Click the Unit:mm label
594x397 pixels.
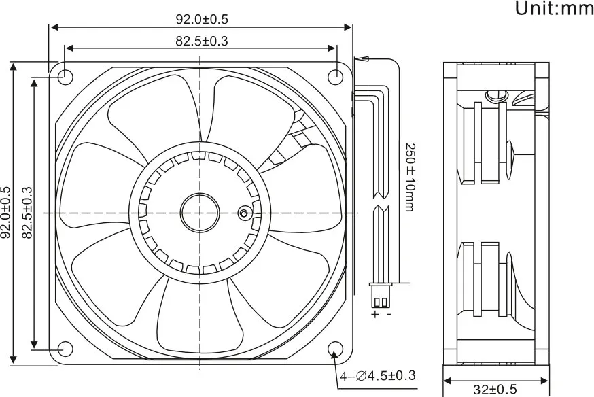554,8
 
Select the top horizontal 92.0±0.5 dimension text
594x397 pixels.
202,19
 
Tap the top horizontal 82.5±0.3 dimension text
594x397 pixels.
202,41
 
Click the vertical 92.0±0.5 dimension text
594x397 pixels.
6,213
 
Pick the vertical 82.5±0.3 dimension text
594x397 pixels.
27,213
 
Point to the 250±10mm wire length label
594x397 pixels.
410,177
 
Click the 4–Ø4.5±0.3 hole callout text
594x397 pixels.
378,376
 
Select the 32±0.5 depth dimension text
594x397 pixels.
495,390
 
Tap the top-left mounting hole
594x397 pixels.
65,77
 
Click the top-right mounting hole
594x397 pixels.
335,77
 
